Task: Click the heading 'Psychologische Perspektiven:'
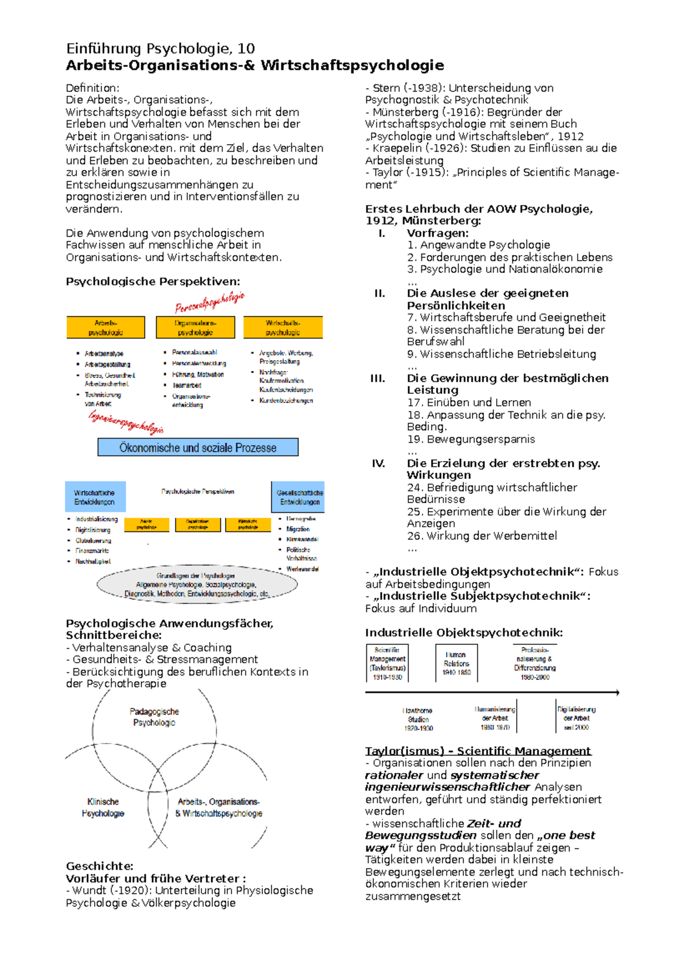tap(153, 281)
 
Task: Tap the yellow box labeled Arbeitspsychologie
tap(106, 327)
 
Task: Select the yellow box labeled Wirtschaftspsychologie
tap(282, 327)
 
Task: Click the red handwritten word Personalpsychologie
tap(210, 302)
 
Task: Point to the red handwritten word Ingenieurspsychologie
tap(126, 423)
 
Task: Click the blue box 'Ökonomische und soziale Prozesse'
tap(198, 447)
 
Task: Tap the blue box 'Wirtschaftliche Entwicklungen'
tap(95, 497)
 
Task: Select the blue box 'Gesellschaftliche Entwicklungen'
tap(299, 497)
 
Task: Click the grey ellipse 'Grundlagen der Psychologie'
tap(197, 585)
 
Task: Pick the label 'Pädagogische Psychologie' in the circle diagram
tap(154, 717)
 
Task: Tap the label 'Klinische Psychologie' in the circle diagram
tap(103, 807)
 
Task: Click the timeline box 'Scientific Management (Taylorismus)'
tap(388, 663)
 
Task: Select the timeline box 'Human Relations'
tap(456, 663)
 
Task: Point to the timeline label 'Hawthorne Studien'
tap(418, 719)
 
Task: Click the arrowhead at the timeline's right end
tap(617, 692)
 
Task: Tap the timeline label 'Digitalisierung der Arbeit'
tap(576, 718)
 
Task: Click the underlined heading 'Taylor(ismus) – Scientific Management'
tap(478, 750)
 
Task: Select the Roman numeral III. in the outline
tap(377, 378)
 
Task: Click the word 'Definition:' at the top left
tap(92, 88)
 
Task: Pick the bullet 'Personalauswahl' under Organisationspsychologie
tap(194, 352)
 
